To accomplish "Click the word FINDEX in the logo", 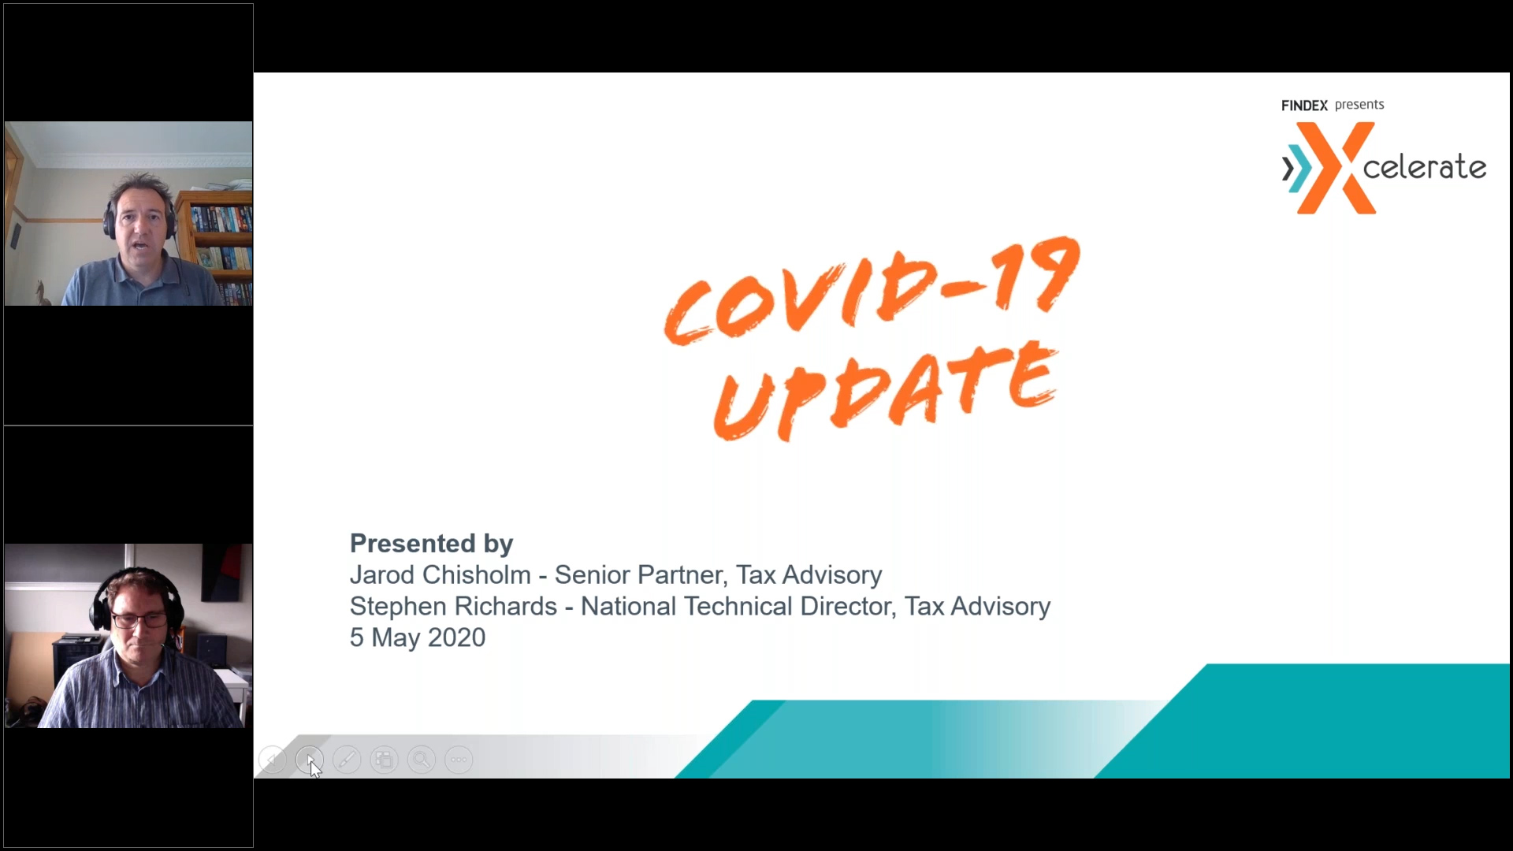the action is [x=1304, y=106].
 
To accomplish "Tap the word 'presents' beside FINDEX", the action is [x=1359, y=105].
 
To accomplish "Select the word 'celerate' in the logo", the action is [x=1425, y=167].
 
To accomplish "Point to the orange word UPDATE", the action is [x=885, y=391].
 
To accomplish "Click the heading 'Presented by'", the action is [x=432, y=543].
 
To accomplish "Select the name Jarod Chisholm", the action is [x=441, y=574].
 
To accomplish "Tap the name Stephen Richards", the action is [x=454, y=606].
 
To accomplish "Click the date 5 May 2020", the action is [x=418, y=637].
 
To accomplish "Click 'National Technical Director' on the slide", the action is [x=738, y=606].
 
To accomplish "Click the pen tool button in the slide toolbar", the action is [x=347, y=760].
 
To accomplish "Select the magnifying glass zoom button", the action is [x=422, y=760].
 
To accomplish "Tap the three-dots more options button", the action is [x=459, y=760].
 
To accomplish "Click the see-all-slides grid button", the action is [x=385, y=760].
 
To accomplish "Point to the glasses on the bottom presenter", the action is [x=139, y=620].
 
